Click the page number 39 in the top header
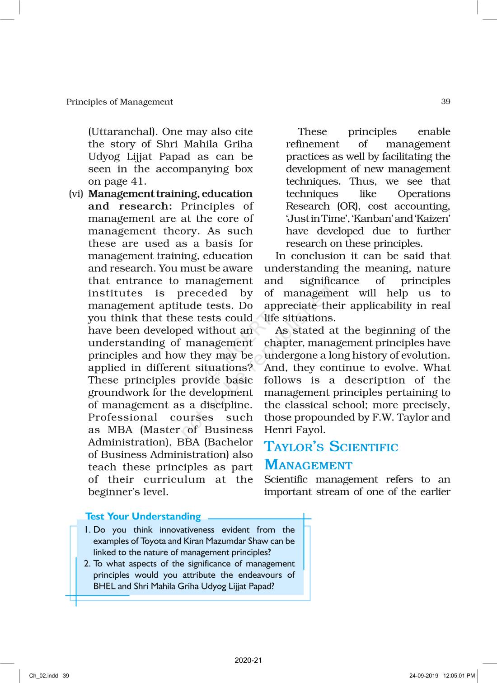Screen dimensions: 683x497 coord(445,102)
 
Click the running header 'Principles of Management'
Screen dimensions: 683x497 coord(119,102)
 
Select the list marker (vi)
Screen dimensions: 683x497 coord(76,194)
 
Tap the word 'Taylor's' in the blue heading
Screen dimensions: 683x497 coord(294,447)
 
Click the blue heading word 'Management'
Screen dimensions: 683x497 coord(308,465)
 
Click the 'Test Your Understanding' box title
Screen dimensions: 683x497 coord(143,516)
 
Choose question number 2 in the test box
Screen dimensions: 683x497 coord(87,564)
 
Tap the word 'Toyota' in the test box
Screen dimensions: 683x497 coord(154,541)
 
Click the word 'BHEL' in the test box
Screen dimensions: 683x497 coord(104,586)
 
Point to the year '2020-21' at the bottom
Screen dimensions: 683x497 coord(248,660)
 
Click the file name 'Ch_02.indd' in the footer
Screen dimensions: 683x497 coord(44,676)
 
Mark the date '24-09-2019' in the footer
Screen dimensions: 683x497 coord(424,676)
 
